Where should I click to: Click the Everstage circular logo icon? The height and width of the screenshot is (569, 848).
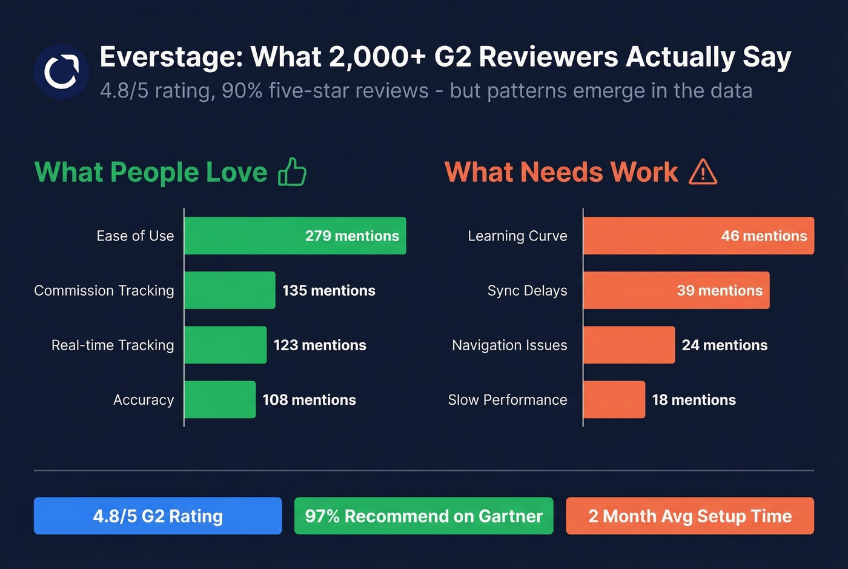point(61,72)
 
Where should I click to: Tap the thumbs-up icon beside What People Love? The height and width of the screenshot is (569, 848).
point(292,172)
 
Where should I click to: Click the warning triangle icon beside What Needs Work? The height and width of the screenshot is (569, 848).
point(703,172)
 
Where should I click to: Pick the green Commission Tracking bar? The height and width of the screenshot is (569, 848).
point(230,290)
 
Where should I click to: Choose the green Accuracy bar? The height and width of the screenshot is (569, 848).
point(220,399)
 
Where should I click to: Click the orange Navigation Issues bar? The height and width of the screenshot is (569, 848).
point(629,345)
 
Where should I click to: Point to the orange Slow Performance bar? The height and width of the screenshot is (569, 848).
point(614,399)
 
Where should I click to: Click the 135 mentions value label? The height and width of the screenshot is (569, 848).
point(329,291)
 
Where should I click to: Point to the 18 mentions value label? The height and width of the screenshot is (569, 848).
point(694,400)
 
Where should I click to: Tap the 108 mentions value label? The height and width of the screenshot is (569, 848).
point(309,400)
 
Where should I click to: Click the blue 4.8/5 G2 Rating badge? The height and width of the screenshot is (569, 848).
point(157,516)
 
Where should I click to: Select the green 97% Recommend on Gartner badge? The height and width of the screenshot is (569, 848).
point(423,516)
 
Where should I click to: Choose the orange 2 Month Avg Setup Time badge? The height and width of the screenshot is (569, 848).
point(690,516)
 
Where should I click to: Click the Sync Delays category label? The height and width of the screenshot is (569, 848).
point(527,291)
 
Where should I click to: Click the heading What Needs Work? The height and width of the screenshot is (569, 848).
point(561,172)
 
